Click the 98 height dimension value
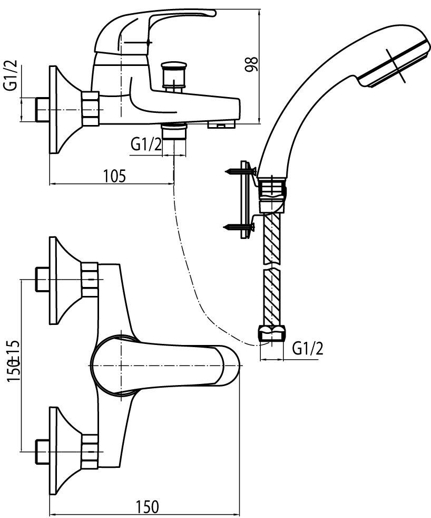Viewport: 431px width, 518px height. pyautogui.click(x=252, y=64)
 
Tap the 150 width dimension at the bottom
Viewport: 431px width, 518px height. pyautogui.click(x=147, y=506)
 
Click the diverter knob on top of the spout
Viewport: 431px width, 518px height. pyautogui.click(x=174, y=74)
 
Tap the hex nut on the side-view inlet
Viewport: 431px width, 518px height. pyautogui.click(x=90, y=109)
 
